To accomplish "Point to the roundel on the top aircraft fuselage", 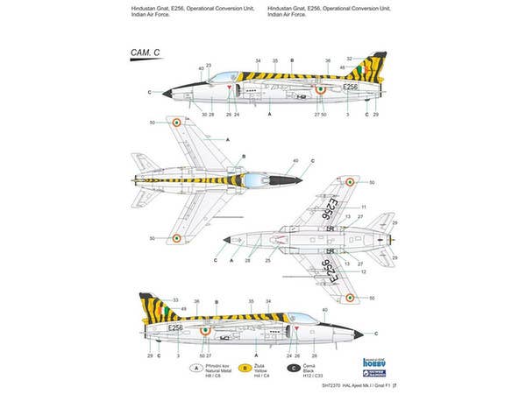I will click(x=321, y=89).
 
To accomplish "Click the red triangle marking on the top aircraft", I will click(x=228, y=89).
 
